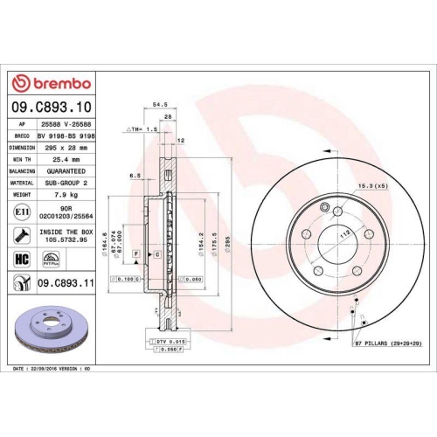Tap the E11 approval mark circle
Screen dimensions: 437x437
click(x=20, y=211)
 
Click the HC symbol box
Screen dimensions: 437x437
click(x=21, y=260)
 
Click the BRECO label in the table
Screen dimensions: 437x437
click(x=20, y=136)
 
